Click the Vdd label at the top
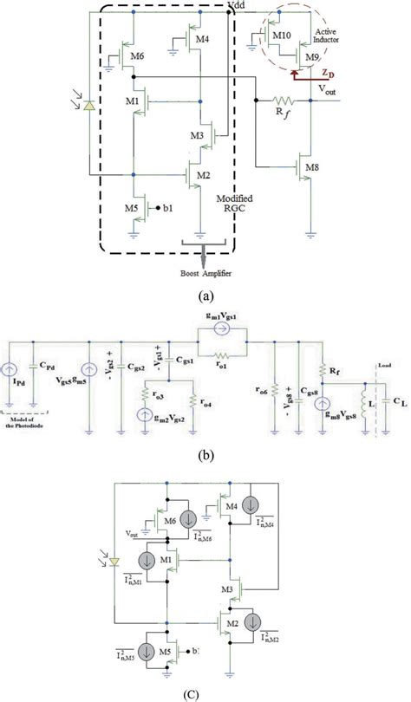236,6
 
